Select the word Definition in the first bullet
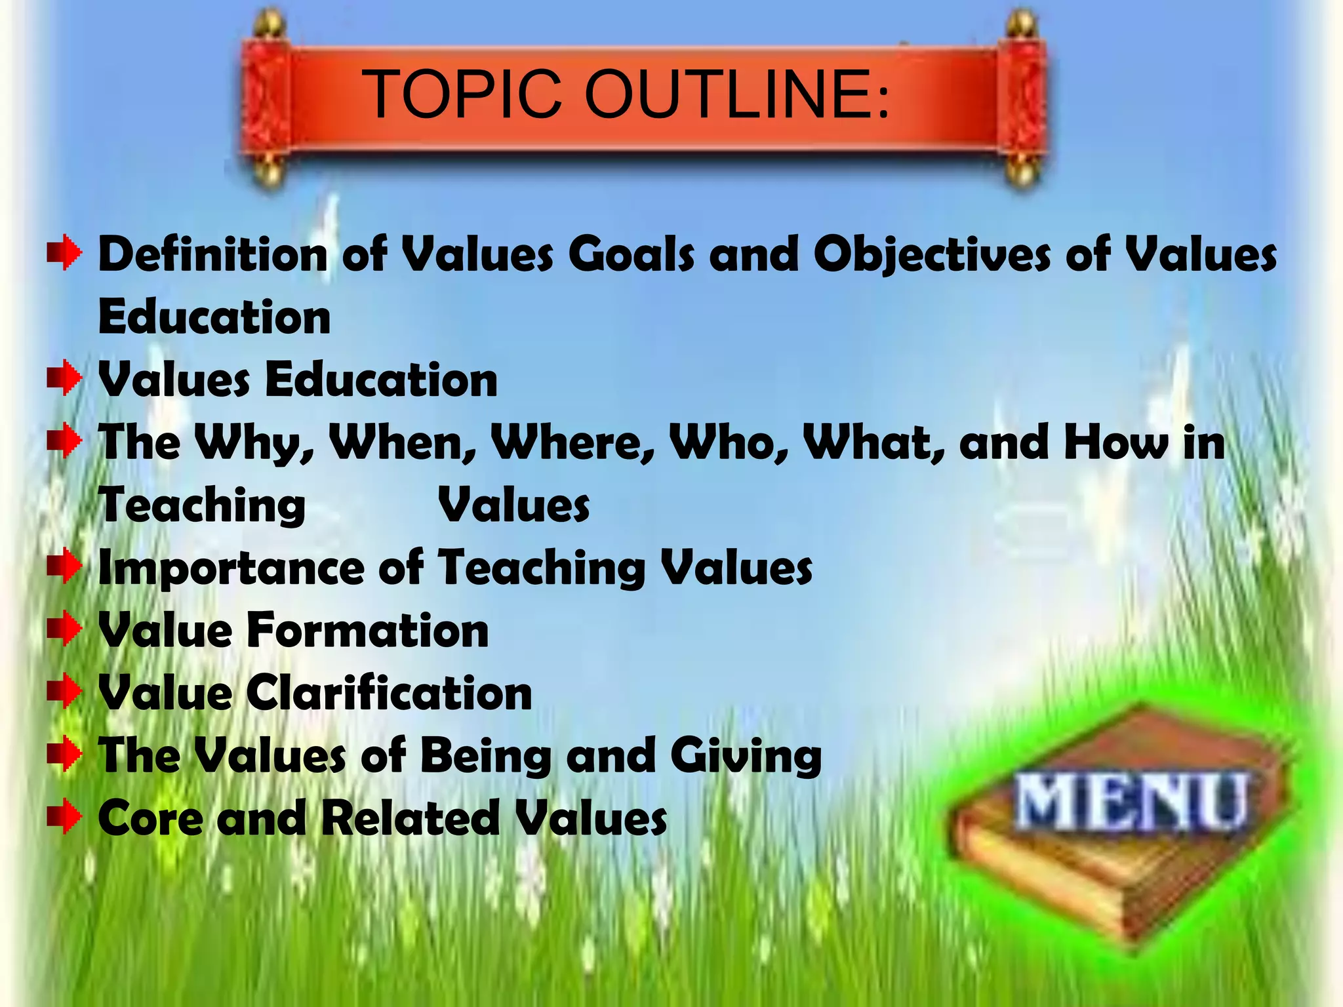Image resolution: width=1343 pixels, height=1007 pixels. [x=212, y=254]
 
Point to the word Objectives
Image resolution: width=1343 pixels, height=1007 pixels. [x=932, y=254]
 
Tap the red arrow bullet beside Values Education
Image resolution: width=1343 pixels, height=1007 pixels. [x=64, y=379]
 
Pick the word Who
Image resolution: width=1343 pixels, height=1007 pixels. [x=728, y=443]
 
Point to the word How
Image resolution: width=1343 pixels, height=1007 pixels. [x=1115, y=443]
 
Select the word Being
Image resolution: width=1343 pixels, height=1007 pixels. [x=485, y=756]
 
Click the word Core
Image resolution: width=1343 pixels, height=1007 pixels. [x=150, y=818]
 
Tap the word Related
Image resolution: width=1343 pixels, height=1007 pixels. [x=410, y=818]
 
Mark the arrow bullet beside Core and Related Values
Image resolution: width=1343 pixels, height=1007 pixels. [x=64, y=818]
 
